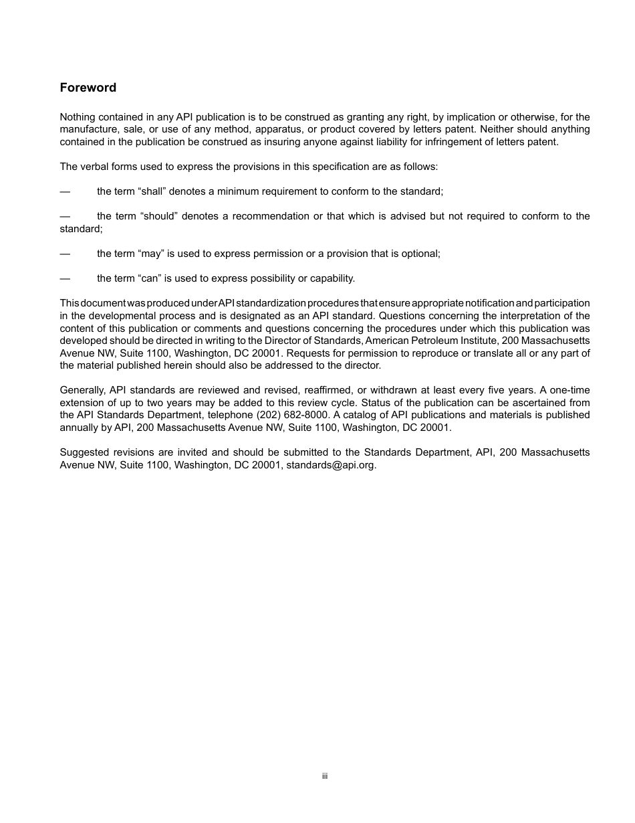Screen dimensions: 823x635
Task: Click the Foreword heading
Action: coord(88,88)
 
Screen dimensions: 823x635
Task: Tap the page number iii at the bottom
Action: coord(324,776)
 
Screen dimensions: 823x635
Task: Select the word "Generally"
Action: coord(81,390)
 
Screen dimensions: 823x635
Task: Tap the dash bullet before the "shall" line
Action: coord(65,191)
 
